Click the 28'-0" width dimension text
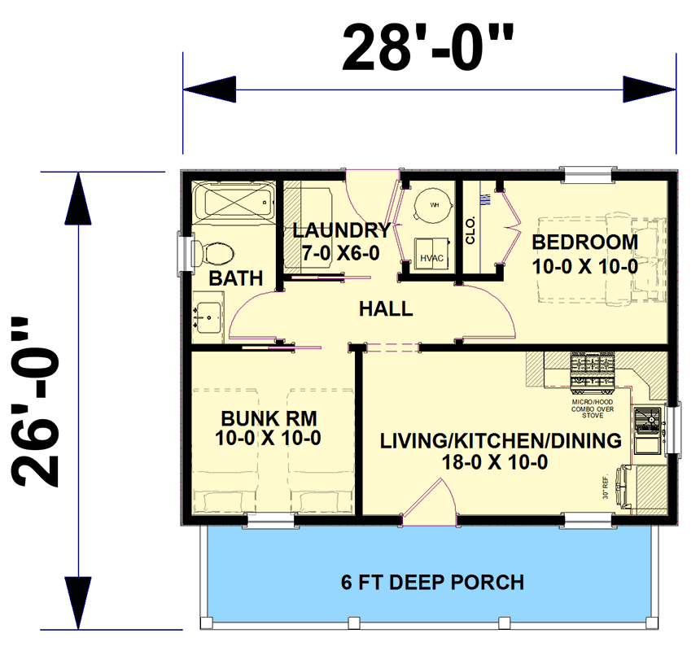coord(429,49)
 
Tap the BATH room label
coord(235,278)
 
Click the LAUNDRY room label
coord(341,230)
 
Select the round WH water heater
coord(432,207)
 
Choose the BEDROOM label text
coord(584,242)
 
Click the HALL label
coord(386,309)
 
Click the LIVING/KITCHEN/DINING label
coord(501,441)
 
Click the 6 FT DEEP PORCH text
coord(431,583)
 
